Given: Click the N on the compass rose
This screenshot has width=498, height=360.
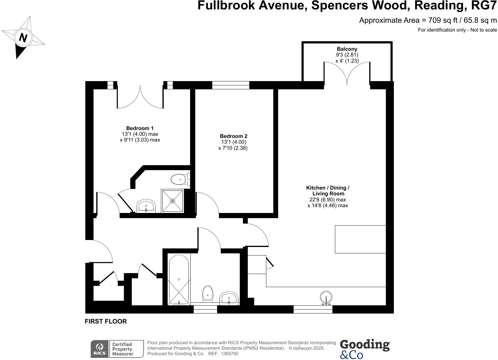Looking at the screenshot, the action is click(23, 38).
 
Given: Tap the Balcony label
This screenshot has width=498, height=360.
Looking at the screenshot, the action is click(347, 49).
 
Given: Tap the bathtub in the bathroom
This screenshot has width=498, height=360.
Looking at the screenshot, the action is click(179, 280).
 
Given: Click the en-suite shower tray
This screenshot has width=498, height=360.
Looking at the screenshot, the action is click(172, 201).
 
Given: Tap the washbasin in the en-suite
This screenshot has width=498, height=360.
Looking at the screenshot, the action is click(146, 206).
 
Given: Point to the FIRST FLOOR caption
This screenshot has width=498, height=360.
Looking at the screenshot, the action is click(106, 321).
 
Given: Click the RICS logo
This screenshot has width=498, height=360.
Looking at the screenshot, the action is click(100, 349).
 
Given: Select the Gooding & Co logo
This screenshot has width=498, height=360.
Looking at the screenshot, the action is click(364, 349).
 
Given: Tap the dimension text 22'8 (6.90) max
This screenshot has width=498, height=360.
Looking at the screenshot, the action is click(328, 200).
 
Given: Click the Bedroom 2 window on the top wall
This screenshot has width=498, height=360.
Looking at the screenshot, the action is click(230, 85).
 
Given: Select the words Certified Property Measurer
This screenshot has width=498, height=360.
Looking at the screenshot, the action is click(123, 349).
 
